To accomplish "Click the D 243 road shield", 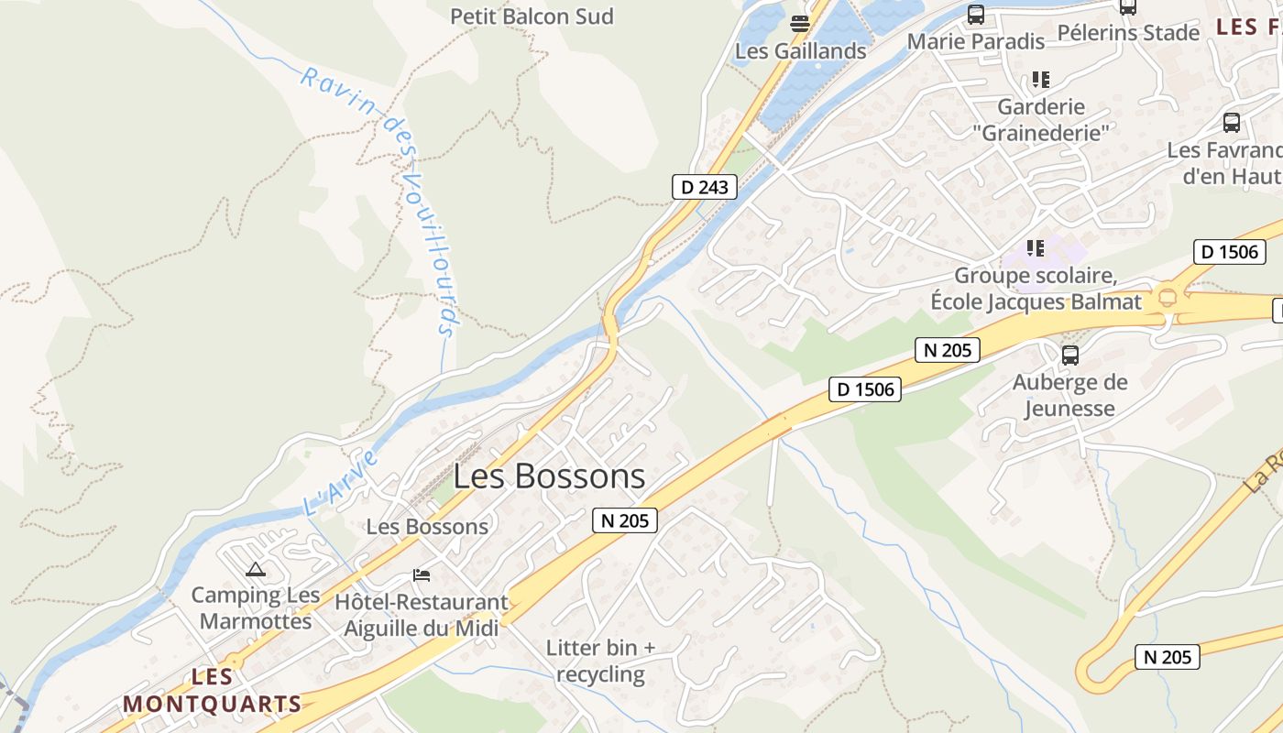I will pyautogui.click(x=704, y=187).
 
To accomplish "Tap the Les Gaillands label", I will pyautogui.click(x=800, y=51).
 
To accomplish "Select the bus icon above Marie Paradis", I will pyautogui.click(x=976, y=15).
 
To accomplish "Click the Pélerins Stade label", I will pyautogui.click(x=1127, y=33).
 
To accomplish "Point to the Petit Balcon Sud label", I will pyautogui.click(x=532, y=16).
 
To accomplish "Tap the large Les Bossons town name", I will pyautogui.click(x=549, y=476).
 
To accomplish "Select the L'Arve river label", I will pyautogui.click(x=340, y=480).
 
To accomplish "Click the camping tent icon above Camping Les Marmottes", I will pyautogui.click(x=256, y=570).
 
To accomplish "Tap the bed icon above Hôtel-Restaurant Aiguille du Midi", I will pyautogui.click(x=422, y=575).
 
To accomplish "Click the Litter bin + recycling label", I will pyautogui.click(x=600, y=662).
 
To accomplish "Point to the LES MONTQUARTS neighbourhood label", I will pyautogui.click(x=212, y=691).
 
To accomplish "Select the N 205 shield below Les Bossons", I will pyautogui.click(x=625, y=520).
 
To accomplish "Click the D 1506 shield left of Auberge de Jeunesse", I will pyautogui.click(x=865, y=388).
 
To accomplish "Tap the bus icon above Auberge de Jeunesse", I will pyautogui.click(x=1069, y=356).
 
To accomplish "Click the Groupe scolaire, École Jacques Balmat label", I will pyautogui.click(x=1036, y=289).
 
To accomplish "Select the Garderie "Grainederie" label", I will pyautogui.click(x=1040, y=120).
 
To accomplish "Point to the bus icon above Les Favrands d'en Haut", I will pyautogui.click(x=1232, y=122).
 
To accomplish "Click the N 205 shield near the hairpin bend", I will pyautogui.click(x=1167, y=656).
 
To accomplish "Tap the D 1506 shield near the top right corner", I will pyautogui.click(x=1229, y=252).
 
